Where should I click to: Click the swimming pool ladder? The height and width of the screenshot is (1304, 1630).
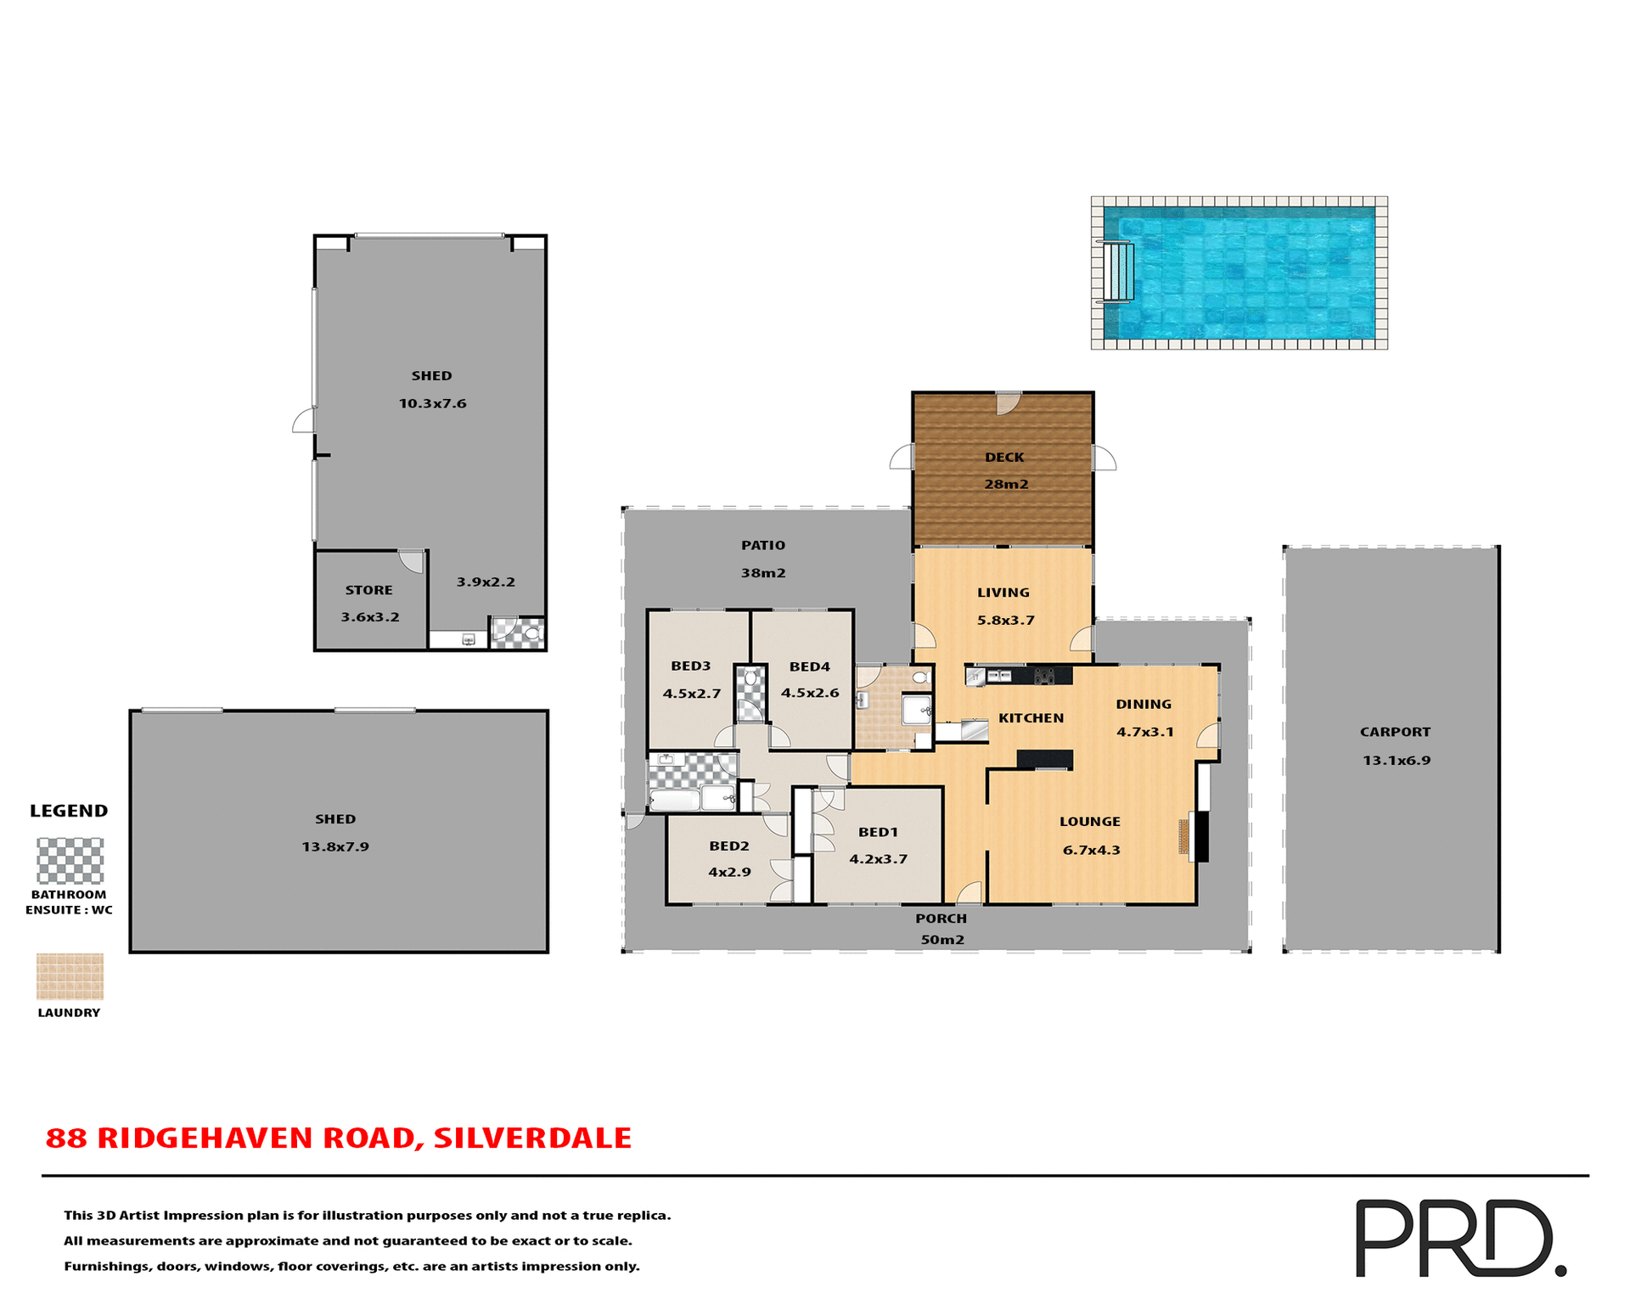[x=1119, y=272]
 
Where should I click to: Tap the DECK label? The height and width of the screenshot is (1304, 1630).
[x=1004, y=457]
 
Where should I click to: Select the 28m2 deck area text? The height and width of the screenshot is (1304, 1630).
[x=1006, y=484]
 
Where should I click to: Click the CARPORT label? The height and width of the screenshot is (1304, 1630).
[x=1395, y=732]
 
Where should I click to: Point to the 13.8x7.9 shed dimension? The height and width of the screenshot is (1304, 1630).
[x=335, y=846]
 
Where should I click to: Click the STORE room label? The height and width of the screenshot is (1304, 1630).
[x=368, y=590]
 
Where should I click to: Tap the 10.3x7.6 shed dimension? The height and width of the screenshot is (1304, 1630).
[x=432, y=403]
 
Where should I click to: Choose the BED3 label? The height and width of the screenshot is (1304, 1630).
[x=690, y=666]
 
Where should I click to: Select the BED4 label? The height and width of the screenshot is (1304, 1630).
[x=809, y=666]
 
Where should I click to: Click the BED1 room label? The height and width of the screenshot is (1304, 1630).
[x=878, y=832]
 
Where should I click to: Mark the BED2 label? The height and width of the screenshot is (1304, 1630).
[x=729, y=846]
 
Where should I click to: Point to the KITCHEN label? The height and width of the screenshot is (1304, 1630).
[x=1031, y=718]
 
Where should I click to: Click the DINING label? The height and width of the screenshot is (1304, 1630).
[x=1144, y=704]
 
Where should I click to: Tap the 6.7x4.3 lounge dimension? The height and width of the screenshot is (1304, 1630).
[x=1091, y=850]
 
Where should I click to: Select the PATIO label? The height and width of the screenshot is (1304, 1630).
[x=762, y=545]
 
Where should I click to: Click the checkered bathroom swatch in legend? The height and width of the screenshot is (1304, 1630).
[x=70, y=861]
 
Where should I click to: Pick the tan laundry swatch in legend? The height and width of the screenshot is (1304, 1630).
[x=70, y=976]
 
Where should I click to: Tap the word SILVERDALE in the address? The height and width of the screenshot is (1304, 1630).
[x=532, y=1138]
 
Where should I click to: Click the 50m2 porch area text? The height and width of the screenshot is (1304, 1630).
[x=942, y=940]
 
